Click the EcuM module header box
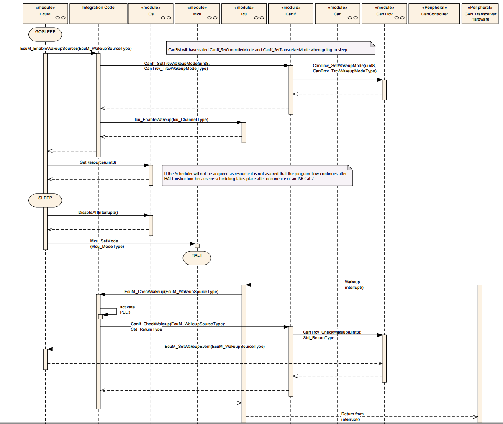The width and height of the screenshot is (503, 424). [45, 14]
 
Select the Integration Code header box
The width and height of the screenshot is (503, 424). [98, 14]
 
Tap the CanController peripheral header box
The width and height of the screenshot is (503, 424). [434, 14]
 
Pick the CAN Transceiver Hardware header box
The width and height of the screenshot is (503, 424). [480, 14]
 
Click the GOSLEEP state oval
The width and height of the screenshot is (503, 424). [45, 34]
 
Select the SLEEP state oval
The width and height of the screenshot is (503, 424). [45, 200]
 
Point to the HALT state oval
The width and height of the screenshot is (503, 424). [197, 258]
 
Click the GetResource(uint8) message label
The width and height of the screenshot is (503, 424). [98, 162]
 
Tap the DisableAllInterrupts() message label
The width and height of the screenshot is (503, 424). [98, 213]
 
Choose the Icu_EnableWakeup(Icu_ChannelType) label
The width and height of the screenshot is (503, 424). [171, 119]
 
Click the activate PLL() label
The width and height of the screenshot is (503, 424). [127, 310]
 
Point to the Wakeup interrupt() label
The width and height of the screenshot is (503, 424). [354, 285]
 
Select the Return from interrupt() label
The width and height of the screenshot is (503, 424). [352, 416]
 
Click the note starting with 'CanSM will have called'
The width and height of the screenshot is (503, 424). [270, 48]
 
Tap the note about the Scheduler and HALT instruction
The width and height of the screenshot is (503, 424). [257, 176]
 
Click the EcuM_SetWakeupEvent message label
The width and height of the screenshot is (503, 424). [215, 347]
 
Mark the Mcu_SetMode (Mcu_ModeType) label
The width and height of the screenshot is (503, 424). [107, 244]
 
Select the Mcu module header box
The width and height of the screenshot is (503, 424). [197, 14]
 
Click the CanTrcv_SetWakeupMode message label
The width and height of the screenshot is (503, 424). [344, 68]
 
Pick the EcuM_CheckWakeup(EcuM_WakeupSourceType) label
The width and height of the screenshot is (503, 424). [171, 291]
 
